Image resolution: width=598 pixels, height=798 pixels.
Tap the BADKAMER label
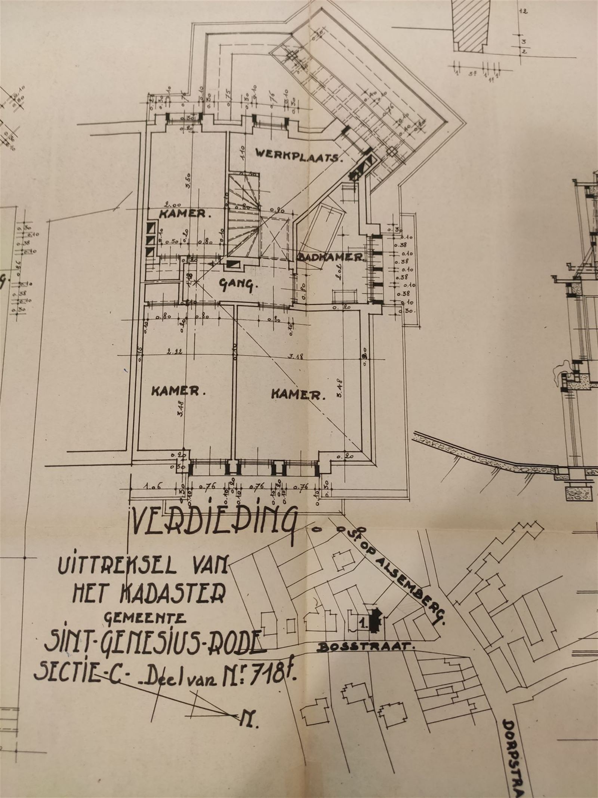coord(331,257)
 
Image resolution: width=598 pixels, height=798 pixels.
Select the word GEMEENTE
coord(145,618)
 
